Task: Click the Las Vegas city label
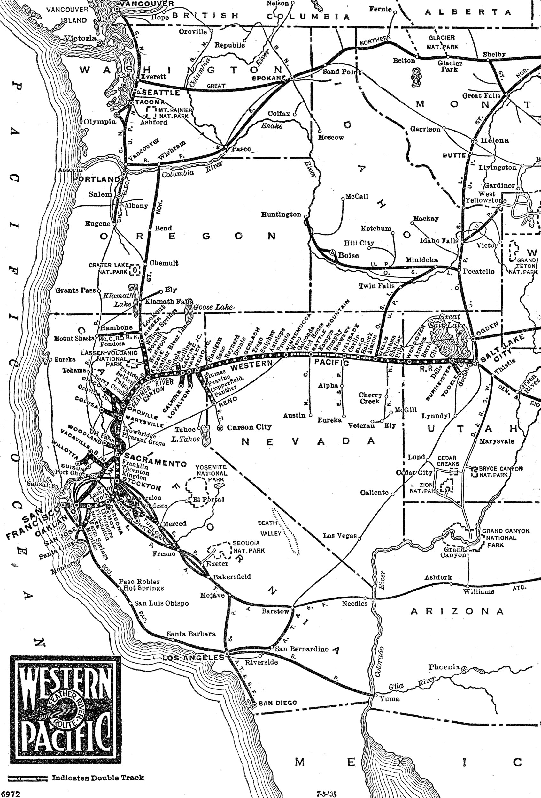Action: [340, 535]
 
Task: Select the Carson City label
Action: [249, 427]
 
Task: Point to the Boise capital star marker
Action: [332, 252]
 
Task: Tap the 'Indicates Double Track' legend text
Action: [98, 778]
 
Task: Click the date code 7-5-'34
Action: [326, 794]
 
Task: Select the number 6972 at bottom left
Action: [10, 794]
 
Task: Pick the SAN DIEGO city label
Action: [278, 703]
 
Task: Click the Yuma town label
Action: [390, 699]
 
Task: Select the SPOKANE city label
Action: [269, 78]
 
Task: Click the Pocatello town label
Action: [478, 271]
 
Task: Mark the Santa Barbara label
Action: [191, 634]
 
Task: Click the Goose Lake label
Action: [213, 307]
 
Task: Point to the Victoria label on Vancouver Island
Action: [81, 38]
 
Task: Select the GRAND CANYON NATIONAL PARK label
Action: [505, 538]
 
